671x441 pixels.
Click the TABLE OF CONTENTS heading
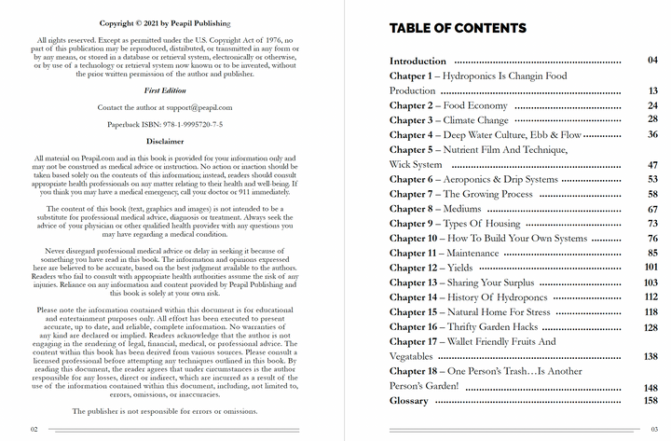click(x=457, y=29)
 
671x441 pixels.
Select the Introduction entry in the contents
click(x=418, y=62)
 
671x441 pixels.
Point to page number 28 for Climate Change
click(x=653, y=120)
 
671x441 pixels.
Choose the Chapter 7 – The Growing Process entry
click(x=461, y=194)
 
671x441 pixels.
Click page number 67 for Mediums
click(x=653, y=209)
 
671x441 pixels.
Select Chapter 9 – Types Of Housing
click(x=455, y=224)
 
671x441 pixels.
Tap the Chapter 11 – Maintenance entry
click(x=445, y=253)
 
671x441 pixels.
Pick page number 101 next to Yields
click(x=651, y=268)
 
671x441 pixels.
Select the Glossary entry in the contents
click(x=409, y=401)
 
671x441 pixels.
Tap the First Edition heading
click(x=164, y=92)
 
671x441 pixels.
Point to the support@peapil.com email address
click(x=193, y=108)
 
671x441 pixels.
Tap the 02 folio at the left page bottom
click(x=34, y=429)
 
